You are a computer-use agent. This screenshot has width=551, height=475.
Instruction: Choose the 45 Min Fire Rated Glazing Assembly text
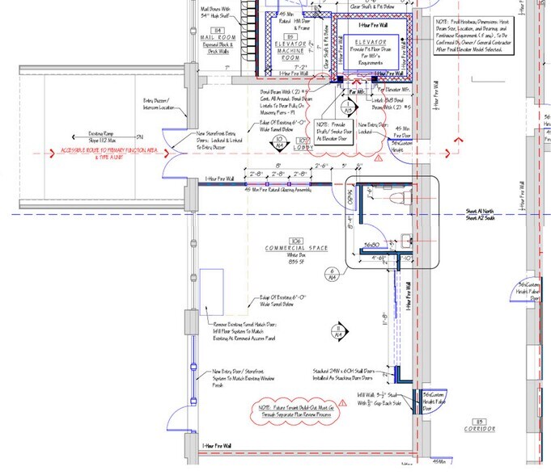click(276, 190)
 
